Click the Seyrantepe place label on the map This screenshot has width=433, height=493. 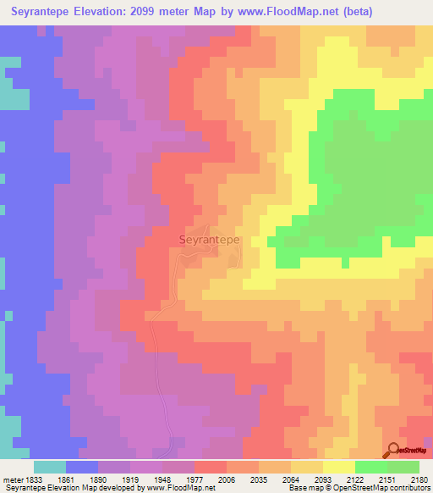point(210,240)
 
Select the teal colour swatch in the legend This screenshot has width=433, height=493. point(50,467)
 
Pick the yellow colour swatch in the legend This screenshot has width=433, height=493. point(339,467)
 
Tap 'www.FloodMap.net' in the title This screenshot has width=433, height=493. point(283,11)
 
